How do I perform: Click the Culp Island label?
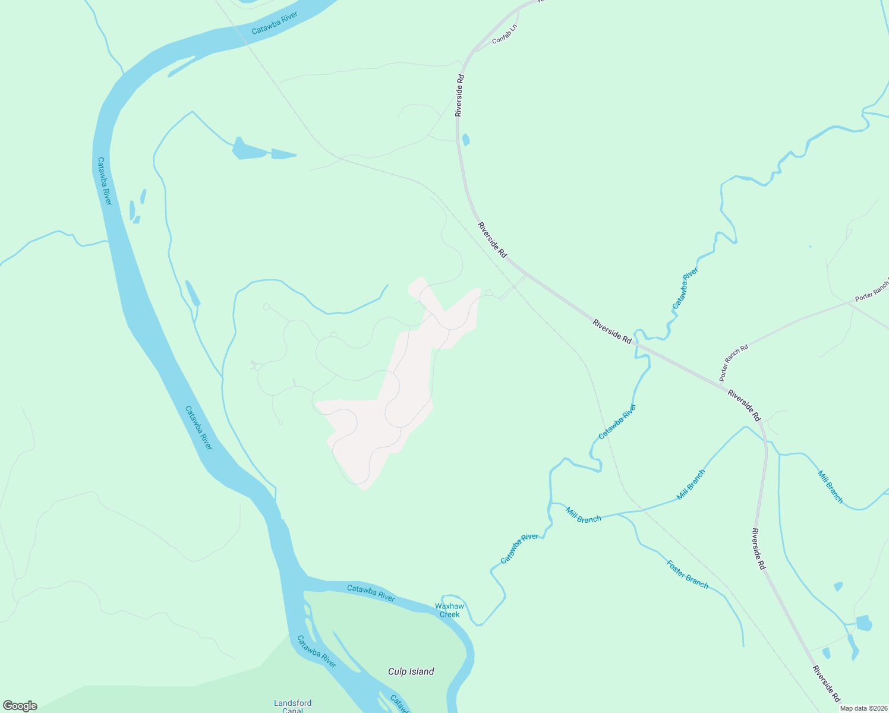click(x=411, y=671)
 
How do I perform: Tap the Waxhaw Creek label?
click(x=449, y=610)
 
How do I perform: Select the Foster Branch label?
click(x=688, y=575)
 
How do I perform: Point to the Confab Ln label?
click(x=505, y=34)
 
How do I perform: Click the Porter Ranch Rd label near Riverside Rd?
click(x=733, y=362)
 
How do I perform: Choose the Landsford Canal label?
click(x=292, y=706)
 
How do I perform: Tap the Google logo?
click(x=20, y=706)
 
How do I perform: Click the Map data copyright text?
click(x=863, y=708)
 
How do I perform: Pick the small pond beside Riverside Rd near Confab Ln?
click(x=465, y=140)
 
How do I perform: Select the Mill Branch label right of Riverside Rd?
click(x=830, y=487)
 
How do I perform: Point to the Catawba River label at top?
click(x=274, y=23)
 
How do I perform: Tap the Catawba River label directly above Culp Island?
click(x=371, y=593)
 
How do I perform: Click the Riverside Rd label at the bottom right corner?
click(x=827, y=683)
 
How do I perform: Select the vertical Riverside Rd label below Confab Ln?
click(x=459, y=95)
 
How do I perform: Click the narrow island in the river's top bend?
click(x=181, y=66)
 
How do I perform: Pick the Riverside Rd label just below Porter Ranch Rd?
click(x=744, y=405)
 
